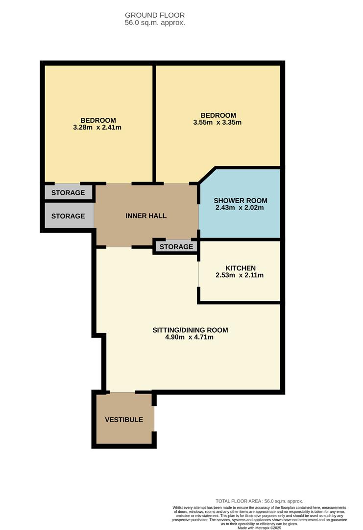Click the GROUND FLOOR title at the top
pyautogui.click(x=154, y=15)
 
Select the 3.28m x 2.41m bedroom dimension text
pyautogui.click(x=97, y=128)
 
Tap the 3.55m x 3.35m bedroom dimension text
pyautogui.click(x=218, y=123)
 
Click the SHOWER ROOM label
pyautogui.click(x=241, y=200)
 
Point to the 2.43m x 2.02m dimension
pyautogui.click(x=240, y=208)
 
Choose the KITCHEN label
pyautogui.click(x=240, y=268)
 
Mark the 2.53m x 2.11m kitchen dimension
pyautogui.click(x=240, y=275)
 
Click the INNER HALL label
pyautogui.click(x=146, y=216)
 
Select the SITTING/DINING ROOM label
pyautogui.click(x=190, y=330)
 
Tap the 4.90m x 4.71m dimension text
pyautogui.click(x=190, y=337)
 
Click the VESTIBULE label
pyautogui.click(x=124, y=420)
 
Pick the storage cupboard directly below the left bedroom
pyautogui.click(x=68, y=193)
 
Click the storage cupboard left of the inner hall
pyautogui.click(x=68, y=216)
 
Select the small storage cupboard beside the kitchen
pyautogui.click(x=176, y=247)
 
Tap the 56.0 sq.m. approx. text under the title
pyautogui.click(x=155, y=23)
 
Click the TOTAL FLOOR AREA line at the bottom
pyautogui.click(x=260, y=501)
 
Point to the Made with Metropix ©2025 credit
pyautogui.click(x=260, y=528)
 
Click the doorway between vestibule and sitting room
pyautogui.click(x=122, y=392)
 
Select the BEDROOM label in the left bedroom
pyautogui.click(x=98, y=120)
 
